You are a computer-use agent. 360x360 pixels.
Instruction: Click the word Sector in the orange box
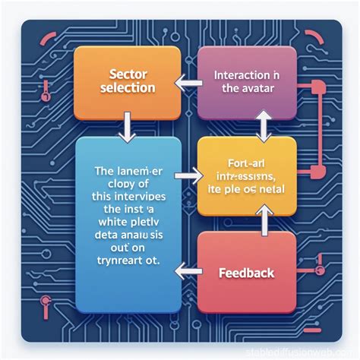click(127, 74)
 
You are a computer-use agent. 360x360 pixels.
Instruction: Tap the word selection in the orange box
click(127, 88)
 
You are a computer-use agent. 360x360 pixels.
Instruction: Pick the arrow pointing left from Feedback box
click(185, 267)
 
